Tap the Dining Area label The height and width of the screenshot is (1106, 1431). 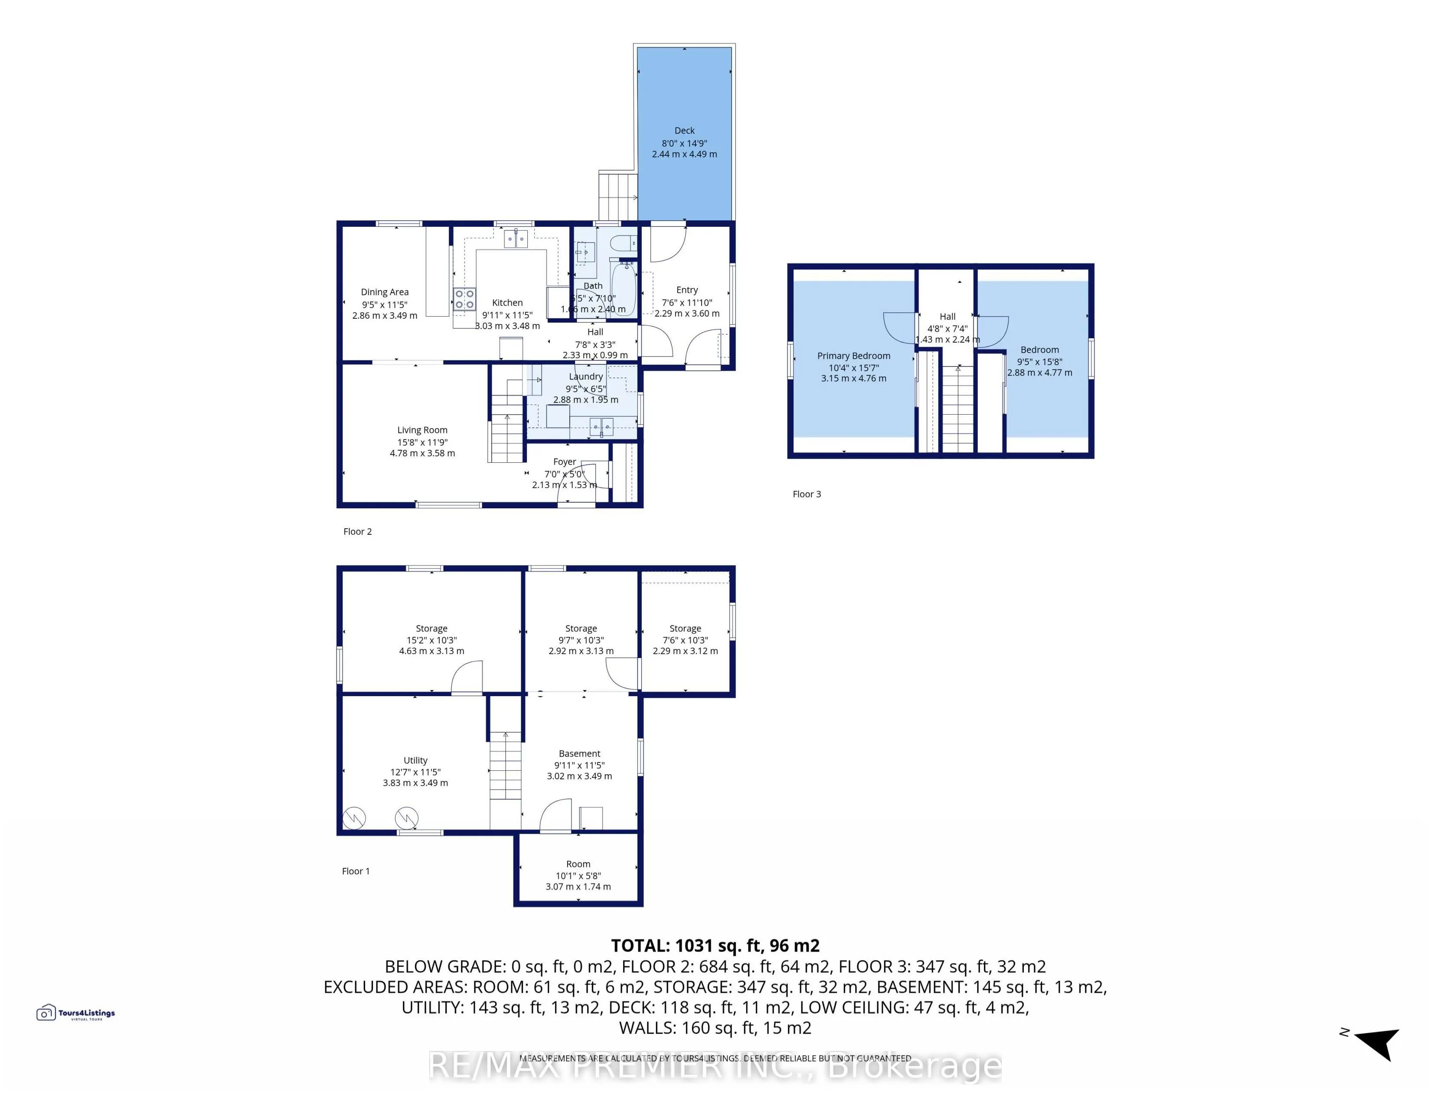385,292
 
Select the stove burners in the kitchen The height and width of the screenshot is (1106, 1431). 464,299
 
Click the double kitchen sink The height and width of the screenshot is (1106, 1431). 516,239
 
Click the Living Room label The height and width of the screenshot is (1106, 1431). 422,431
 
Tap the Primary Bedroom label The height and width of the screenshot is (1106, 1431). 853,356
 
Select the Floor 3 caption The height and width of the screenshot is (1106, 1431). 806,494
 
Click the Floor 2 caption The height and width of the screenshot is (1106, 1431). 357,531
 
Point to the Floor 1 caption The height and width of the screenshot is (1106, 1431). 355,871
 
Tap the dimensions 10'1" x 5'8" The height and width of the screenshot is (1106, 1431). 578,875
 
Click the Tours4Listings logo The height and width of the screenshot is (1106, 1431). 75,1014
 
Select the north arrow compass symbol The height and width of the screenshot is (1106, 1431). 1376,1042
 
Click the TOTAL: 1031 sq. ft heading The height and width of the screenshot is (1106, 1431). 715,946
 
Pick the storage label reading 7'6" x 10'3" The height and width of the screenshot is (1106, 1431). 685,640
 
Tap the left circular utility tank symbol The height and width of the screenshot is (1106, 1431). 354,818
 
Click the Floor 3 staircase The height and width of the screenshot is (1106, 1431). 957,409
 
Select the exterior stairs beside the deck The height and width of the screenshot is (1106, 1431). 617,195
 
